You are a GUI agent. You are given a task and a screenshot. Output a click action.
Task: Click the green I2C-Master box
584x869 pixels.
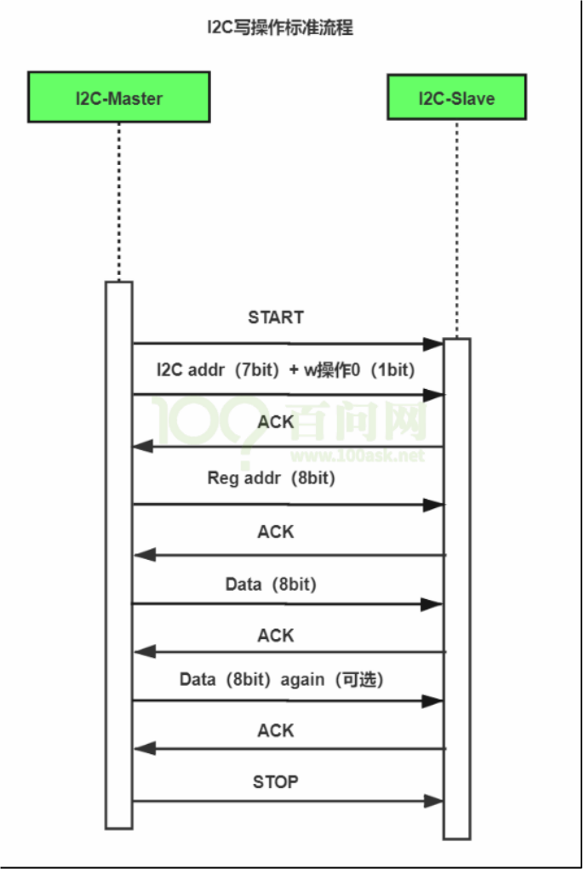118,97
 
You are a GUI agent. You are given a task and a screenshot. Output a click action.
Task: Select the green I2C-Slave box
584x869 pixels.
456,97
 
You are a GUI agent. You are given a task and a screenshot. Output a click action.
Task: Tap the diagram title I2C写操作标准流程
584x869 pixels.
280,26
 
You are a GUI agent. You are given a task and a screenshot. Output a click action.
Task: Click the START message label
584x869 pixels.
276,317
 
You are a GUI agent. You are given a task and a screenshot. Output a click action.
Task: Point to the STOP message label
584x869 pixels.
275,782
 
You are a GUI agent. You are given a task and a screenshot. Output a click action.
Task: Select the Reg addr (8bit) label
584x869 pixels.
272,477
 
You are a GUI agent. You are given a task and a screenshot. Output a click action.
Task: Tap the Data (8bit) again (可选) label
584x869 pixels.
282,679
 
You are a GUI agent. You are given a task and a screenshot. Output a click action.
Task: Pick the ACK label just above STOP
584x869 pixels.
275,730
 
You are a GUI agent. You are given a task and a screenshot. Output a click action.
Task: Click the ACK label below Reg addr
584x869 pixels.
275,531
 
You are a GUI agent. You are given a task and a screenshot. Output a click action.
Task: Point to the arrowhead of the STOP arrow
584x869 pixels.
432,801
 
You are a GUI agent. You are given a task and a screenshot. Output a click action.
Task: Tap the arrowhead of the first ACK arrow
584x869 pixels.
143,446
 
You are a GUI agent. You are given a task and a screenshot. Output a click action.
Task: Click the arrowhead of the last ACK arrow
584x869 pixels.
145,749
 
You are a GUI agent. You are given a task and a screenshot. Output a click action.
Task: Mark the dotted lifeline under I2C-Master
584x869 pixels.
118,202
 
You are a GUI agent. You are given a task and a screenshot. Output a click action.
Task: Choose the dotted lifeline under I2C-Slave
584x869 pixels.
456,228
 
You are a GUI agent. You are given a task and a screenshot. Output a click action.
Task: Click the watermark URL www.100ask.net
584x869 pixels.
358,456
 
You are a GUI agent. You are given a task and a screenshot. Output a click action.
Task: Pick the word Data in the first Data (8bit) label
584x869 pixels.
243,584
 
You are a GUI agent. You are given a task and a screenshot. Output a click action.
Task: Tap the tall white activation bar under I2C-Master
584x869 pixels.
118,555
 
